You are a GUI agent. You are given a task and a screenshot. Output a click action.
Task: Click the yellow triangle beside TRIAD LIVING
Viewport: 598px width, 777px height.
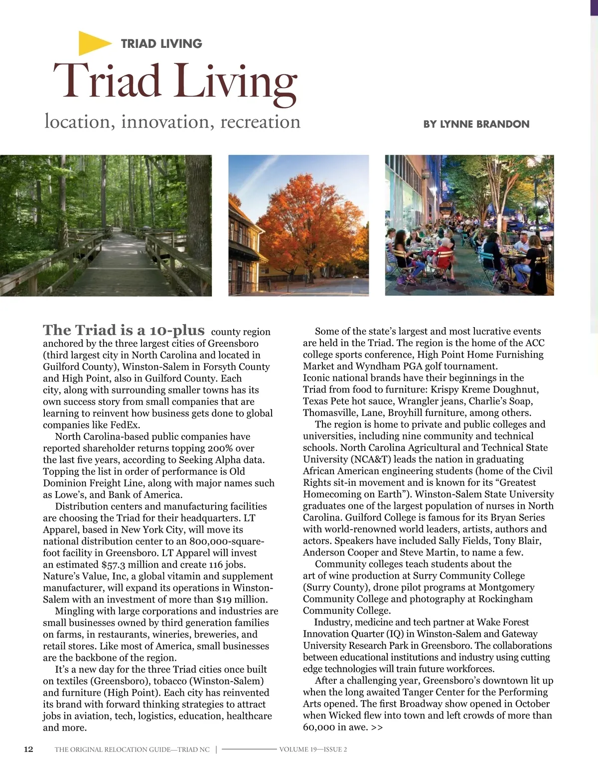[x=93, y=43]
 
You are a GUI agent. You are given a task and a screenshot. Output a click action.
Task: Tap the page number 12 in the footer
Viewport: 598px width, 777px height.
[x=29, y=749]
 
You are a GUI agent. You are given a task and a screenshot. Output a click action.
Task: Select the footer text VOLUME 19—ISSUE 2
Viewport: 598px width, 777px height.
[x=313, y=749]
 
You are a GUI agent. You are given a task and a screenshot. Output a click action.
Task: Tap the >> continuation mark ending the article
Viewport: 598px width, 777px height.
[x=377, y=727]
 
